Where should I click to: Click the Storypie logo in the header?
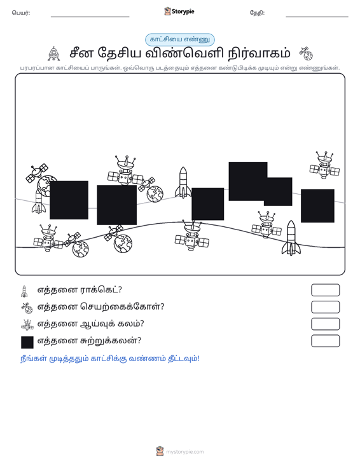point(179,11)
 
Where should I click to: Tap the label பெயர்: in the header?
point(21,13)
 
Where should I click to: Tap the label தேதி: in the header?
point(257,13)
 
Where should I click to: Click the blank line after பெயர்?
point(90,17)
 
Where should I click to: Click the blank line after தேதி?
point(317,17)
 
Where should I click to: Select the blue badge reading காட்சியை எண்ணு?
point(180,39)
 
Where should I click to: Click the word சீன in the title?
point(82,53)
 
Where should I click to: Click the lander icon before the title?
point(54,54)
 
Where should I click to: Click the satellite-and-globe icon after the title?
point(306,53)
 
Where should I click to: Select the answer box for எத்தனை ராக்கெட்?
point(325,290)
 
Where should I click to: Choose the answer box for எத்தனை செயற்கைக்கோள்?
point(325,307)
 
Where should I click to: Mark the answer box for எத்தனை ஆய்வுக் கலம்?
point(325,324)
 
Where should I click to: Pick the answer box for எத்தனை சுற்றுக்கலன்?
point(325,341)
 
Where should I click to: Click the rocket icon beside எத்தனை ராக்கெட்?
point(24,291)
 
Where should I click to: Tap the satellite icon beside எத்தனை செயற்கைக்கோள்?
point(27,308)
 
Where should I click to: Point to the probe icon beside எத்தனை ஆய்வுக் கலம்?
point(27,325)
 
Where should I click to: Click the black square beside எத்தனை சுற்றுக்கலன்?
point(27,342)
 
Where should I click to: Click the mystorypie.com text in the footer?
point(185,452)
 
